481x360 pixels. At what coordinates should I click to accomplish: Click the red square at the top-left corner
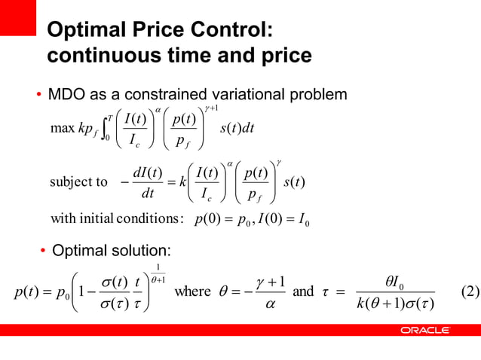click(x=18, y=17)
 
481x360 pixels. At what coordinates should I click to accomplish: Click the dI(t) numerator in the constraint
click(x=148, y=173)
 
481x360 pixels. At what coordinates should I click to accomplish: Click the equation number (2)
click(x=467, y=291)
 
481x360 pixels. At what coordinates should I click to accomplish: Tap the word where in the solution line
click(x=192, y=291)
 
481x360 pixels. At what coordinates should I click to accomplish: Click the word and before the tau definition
click(x=303, y=291)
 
